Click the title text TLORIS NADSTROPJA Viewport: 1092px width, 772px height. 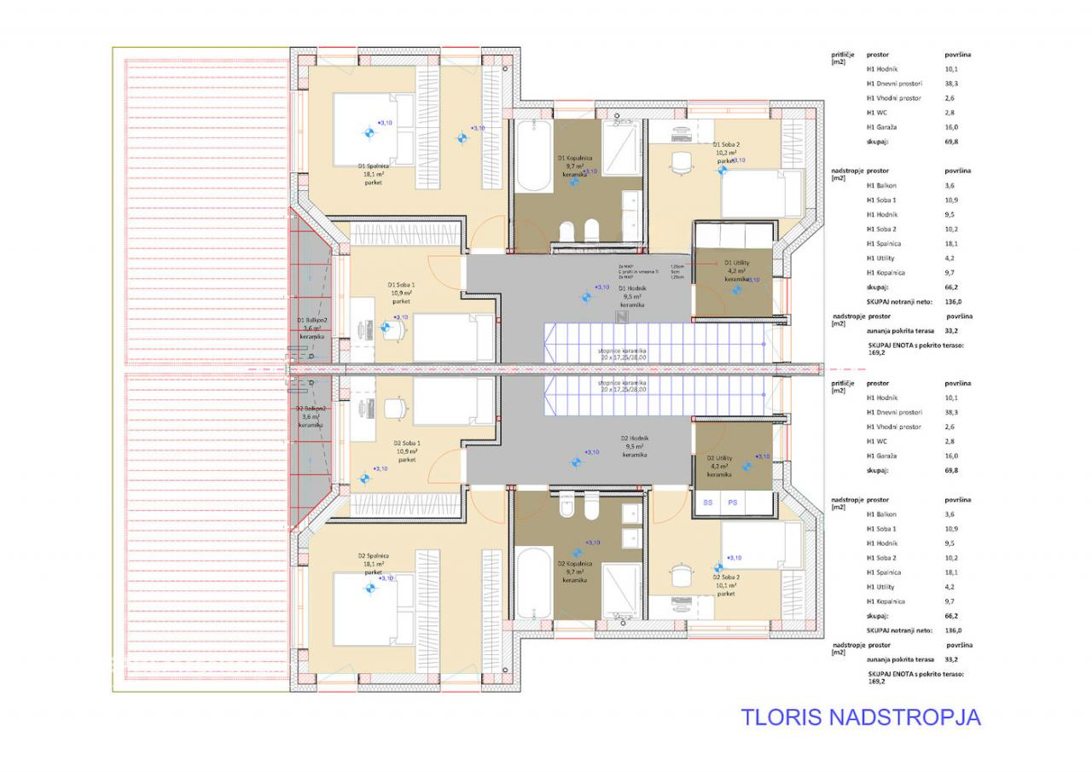pyautogui.click(x=860, y=717)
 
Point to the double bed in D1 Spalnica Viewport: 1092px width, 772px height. pyautogui.click(x=373, y=129)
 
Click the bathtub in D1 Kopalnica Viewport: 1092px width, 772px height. pyautogui.click(x=532, y=156)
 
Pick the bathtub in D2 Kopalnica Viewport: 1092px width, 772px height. pyautogui.click(x=532, y=583)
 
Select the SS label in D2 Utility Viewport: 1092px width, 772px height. pyautogui.click(x=707, y=503)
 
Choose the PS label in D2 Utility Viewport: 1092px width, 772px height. pyautogui.click(x=732, y=503)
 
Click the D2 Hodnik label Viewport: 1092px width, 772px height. pyautogui.click(x=632, y=446)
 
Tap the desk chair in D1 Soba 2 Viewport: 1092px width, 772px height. pyautogui.click(x=680, y=162)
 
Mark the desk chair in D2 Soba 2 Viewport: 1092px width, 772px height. pyautogui.click(x=680, y=573)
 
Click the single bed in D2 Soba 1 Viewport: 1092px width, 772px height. pyautogui.click(x=453, y=401)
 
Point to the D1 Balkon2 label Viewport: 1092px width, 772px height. pyautogui.click(x=312, y=328)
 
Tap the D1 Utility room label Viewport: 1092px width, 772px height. pyautogui.click(x=737, y=270)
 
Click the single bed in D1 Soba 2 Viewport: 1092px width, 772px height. pyautogui.click(x=761, y=194)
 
